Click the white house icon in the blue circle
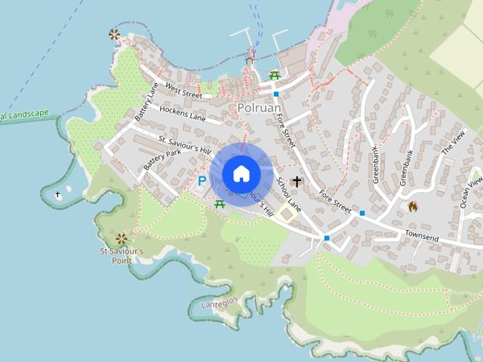pos(241,174)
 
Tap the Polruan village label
pos(259,108)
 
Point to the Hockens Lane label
pos(181,114)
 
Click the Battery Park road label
pos(163,159)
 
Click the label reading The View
pos(454,143)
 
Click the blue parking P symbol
pos(202,181)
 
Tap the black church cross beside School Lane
pos(297,181)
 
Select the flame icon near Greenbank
pos(413,206)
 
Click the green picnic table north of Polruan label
pos(275,75)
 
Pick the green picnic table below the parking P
pos(220,203)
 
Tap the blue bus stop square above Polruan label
pos(276,94)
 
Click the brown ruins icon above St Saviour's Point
pos(122,237)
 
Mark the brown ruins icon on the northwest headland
pos(114,34)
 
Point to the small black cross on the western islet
pos(58,195)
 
